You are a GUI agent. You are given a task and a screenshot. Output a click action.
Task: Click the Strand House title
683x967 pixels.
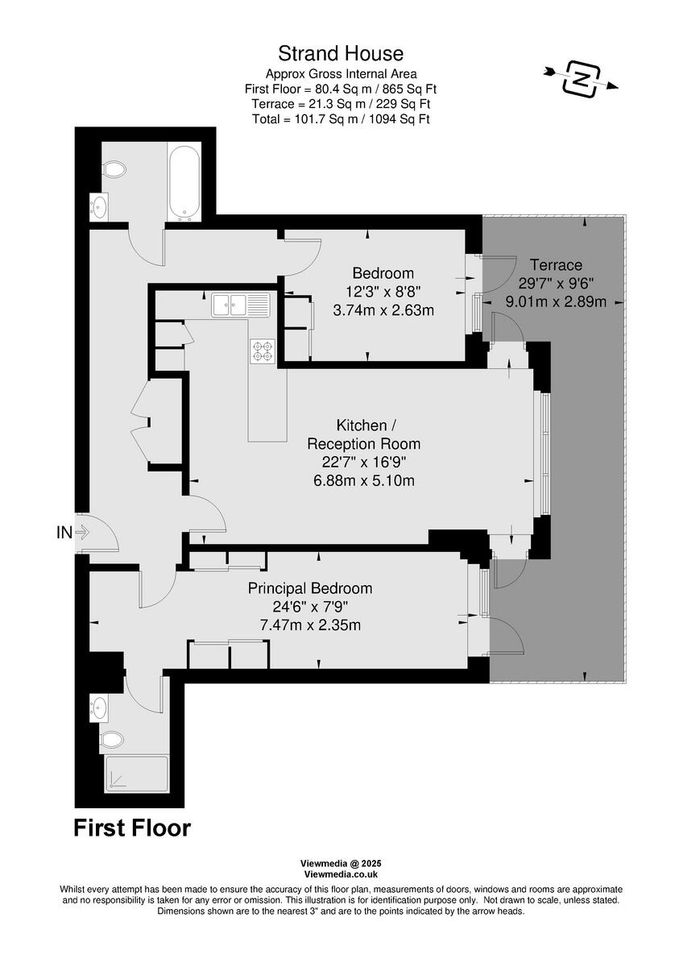341,54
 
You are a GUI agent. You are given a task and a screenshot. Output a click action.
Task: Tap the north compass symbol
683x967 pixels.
580,77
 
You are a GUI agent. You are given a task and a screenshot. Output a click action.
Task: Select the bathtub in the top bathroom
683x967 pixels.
184,182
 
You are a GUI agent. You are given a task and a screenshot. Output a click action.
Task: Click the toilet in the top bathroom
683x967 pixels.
114,169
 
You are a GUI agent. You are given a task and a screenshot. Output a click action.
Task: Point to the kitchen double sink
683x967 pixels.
241,305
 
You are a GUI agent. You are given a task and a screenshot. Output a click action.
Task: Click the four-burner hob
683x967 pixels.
263,350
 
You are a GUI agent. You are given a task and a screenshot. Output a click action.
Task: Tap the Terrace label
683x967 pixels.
556,265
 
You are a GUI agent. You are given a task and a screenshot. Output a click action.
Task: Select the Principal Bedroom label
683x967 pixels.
310,588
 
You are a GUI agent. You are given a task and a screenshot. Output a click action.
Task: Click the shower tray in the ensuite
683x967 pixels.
136,774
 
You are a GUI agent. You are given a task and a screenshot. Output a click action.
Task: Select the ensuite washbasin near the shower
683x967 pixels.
99,708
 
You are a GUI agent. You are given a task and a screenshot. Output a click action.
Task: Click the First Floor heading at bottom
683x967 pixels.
132,828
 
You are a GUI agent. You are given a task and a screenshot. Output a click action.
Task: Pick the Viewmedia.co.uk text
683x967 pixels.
341,874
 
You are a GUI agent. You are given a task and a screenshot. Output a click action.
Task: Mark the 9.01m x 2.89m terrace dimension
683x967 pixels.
556,301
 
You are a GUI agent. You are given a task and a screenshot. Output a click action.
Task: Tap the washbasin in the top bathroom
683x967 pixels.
98,206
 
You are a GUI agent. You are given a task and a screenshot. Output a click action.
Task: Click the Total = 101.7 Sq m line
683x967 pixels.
341,119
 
